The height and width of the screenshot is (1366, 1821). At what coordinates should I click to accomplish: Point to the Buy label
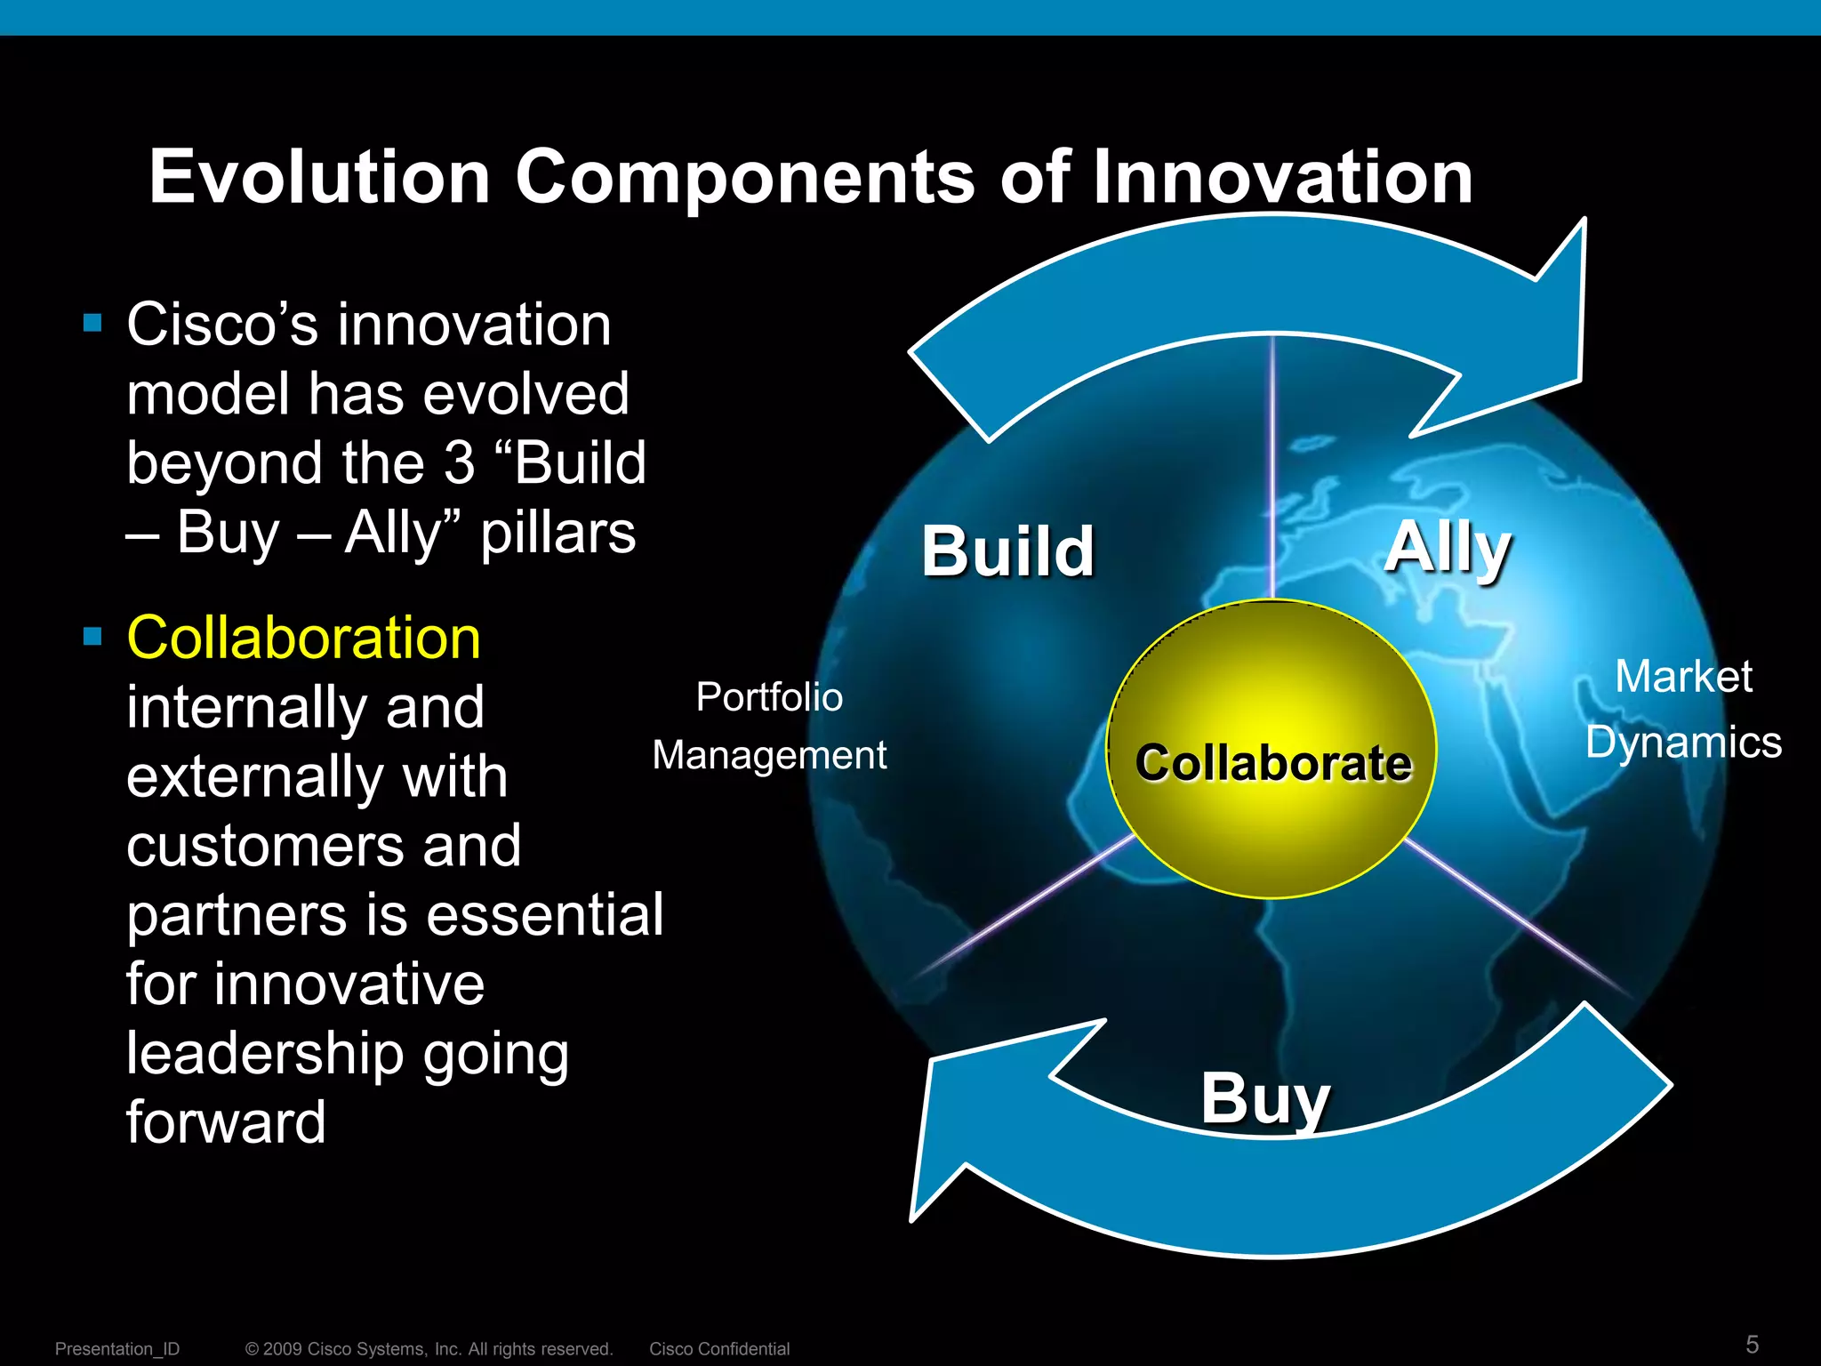[x=1264, y=1098]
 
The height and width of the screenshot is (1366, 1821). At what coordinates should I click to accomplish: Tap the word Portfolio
[x=769, y=696]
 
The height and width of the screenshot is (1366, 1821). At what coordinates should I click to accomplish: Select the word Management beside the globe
[x=769, y=755]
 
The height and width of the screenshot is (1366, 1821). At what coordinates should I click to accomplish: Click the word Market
[x=1683, y=676]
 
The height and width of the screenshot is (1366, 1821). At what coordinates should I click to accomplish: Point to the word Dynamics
[x=1683, y=742]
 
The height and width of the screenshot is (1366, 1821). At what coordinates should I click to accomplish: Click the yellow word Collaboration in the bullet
[x=303, y=638]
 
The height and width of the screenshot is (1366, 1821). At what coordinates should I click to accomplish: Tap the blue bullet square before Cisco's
[x=92, y=322]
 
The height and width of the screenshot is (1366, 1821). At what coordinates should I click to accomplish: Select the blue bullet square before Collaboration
[x=92, y=636]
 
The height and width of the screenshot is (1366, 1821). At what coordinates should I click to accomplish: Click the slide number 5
[x=1752, y=1344]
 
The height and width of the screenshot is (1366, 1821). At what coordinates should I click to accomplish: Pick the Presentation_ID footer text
[x=117, y=1348]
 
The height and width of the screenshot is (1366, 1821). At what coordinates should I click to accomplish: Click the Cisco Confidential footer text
[x=718, y=1348]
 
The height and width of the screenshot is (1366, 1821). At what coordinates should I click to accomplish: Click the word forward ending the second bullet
[x=226, y=1122]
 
